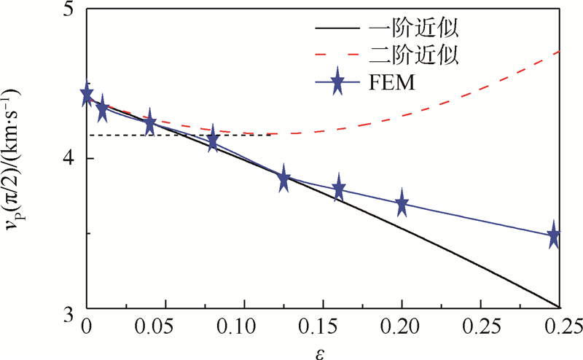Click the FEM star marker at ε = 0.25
(x=554, y=236)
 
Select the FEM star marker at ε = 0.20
(x=402, y=205)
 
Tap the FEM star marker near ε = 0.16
(x=338, y=188)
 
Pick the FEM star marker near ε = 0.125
(x=284, y=179)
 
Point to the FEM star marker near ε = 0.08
(x=213, y=139)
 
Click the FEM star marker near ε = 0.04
(x=150, y=124)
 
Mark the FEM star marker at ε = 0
(x=87, y=95)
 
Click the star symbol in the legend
(x=337, y=84)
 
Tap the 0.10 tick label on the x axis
(x=243, y=323)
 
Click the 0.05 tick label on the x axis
(x=165, y=323)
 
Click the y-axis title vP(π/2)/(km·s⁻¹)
(x=15, y=160)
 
